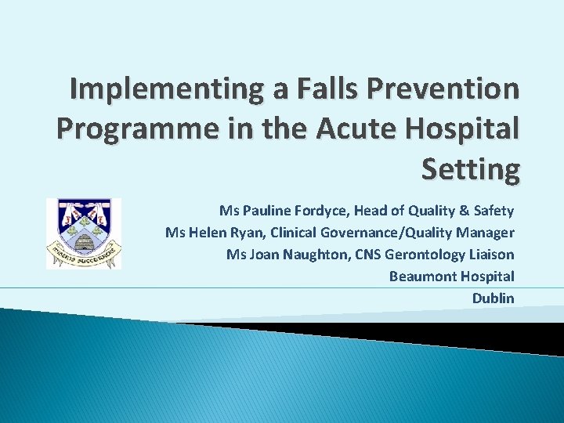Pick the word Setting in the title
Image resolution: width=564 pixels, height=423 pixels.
click(x=470, y=167)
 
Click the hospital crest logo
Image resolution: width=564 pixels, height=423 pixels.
click(x=84, y=233)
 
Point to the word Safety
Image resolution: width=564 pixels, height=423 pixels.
click(x=495, y=211)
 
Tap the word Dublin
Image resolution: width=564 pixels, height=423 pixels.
click(x=493, y=298)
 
